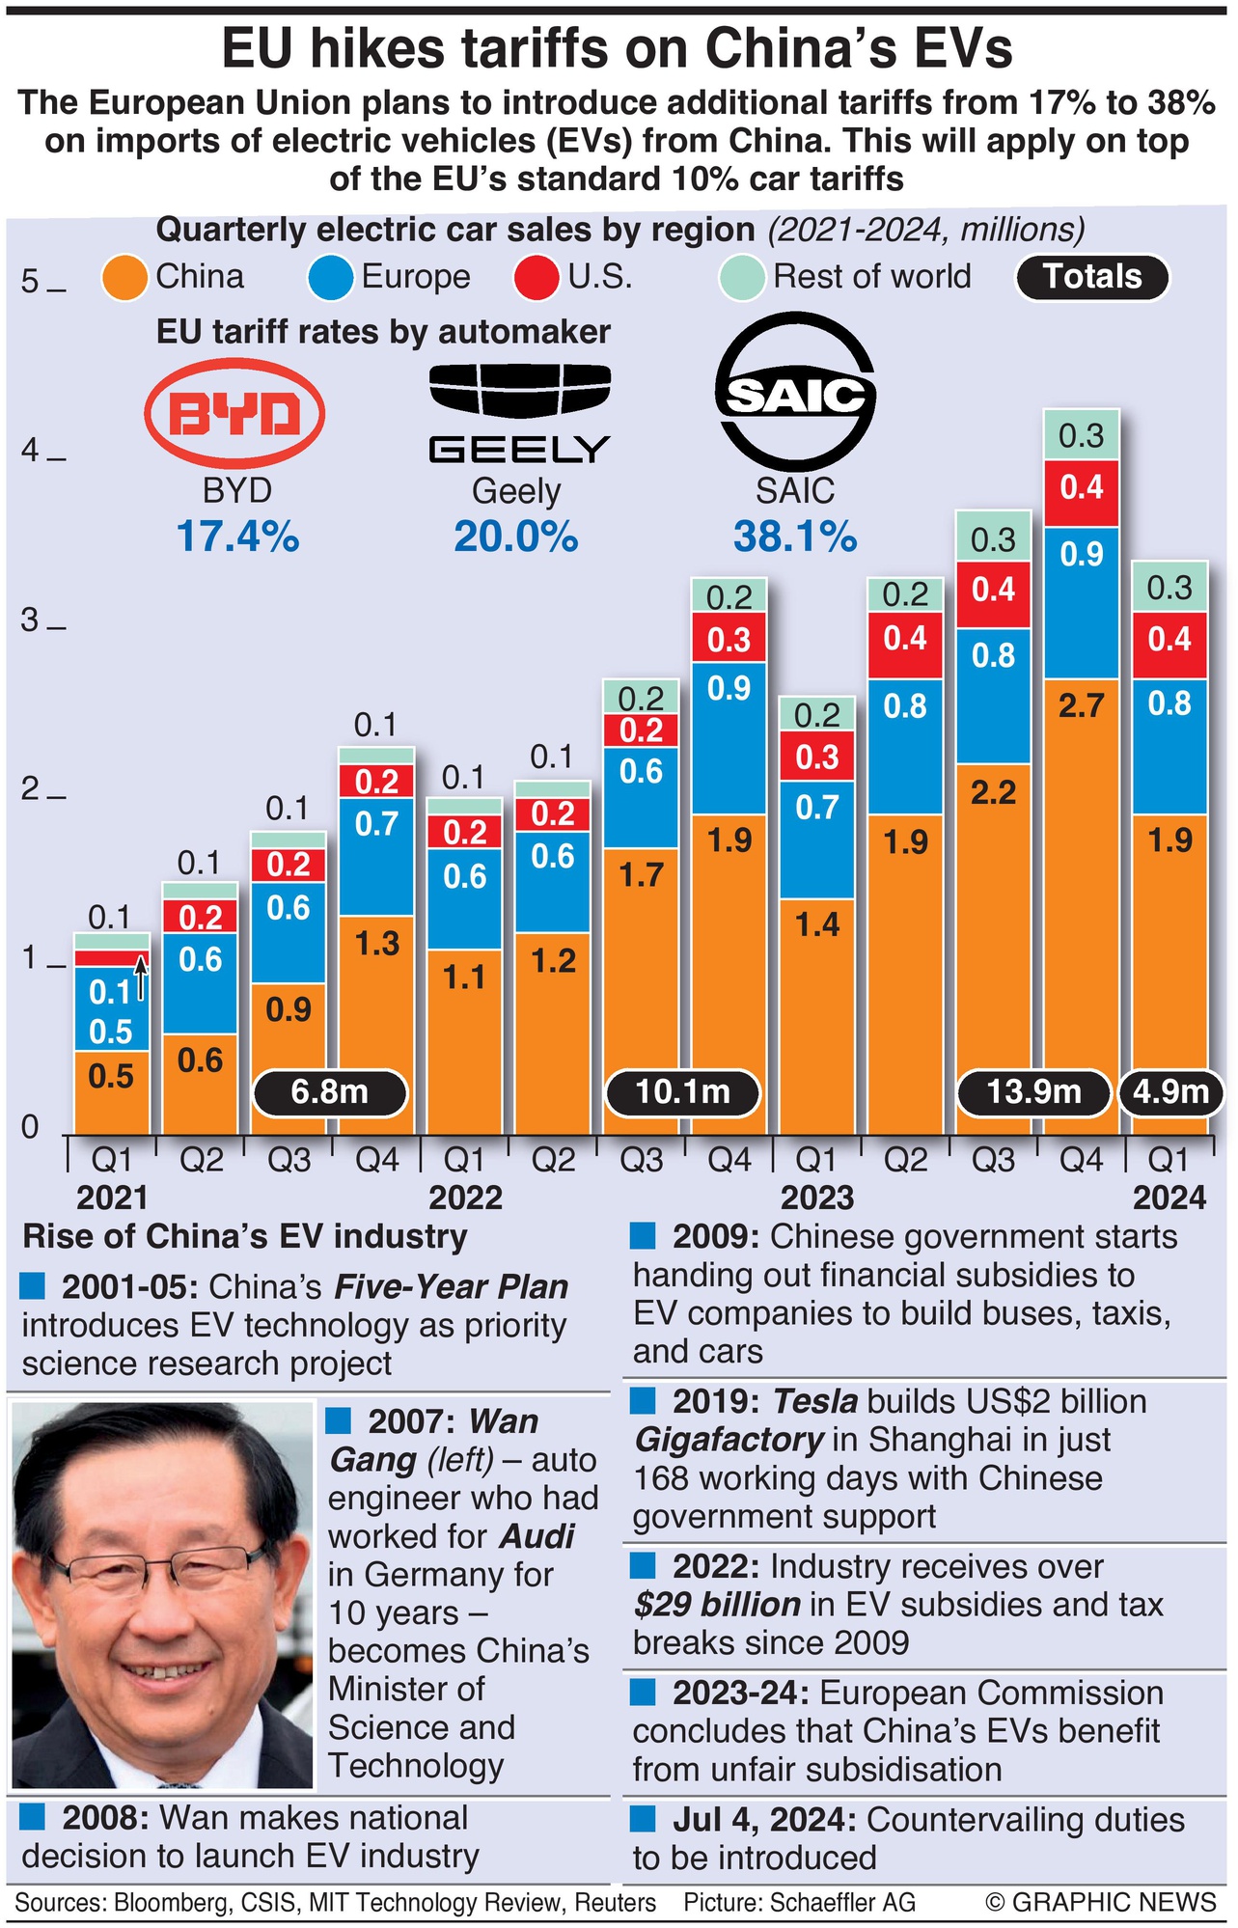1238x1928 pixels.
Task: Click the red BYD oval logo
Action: click(234, 414)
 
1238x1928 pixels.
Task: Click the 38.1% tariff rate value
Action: click(794, 537)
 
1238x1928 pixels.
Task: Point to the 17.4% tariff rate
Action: click(237, 537)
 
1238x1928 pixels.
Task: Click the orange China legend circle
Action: click(126, 278)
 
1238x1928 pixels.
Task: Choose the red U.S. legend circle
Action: click(536, 278)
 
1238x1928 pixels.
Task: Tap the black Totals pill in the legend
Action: click(1091, 278)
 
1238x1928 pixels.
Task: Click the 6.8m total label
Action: click(330, 1092)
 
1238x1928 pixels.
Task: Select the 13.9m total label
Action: click(1033, 1092)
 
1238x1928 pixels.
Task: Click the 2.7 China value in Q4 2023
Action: click(1081, 706)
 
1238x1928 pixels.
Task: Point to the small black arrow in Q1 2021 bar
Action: click(141, 977)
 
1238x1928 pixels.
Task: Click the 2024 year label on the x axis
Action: click(1169, 1198)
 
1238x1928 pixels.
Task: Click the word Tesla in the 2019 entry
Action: click(815, 1401)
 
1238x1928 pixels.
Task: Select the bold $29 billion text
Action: click(717, 1605)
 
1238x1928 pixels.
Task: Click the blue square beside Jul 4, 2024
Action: click(643, 1820)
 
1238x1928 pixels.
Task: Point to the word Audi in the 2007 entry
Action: click(537, 1536)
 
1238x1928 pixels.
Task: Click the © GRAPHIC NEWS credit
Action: click(1100, 1902)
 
